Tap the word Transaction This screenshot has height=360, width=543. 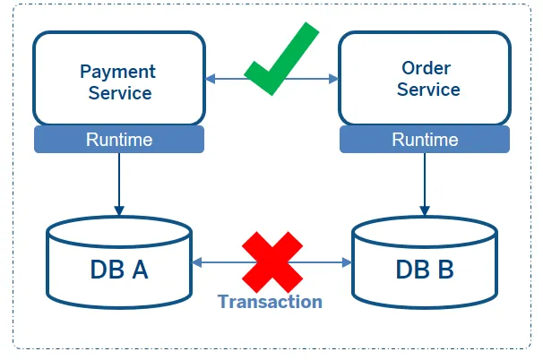(x=270, y=302)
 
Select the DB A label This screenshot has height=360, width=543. (x=118, y=269)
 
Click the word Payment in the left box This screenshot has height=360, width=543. (x=117, y=72)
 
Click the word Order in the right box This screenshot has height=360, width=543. (x=427, y=69)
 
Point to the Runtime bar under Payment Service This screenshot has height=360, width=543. (x=118, y=140)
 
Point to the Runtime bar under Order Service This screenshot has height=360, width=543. (x=425, y=140)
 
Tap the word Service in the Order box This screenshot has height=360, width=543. (x=428, y=90)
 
